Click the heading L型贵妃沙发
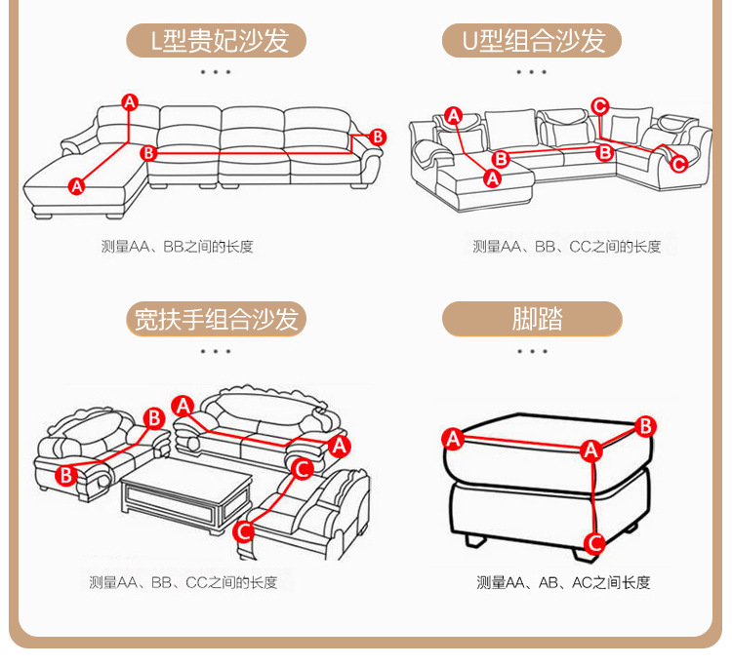(x=216, y=41)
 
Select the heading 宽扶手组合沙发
(x=216, y=319)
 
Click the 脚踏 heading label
(x=533, y=319)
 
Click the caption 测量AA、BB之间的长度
(x=177, y=247)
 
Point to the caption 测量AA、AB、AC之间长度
(x=563, y=582)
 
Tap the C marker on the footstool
(x=593, y=542)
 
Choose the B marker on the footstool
(x=645, y=425)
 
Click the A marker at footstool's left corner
(x=452, y=439)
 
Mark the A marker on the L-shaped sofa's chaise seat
(x=77, y=185)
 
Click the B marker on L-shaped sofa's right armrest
(x=378, y=137)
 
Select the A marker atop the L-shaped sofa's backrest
(x=129, y=101)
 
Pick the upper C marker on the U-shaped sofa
(x=600, y=106)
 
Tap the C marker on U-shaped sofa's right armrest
(x=678, y=163)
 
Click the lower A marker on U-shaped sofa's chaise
(x=492, y=177)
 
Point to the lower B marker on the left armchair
(x=65, y=475)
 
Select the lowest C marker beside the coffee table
(x=244, y=530)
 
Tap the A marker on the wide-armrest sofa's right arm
(x=340, y=446)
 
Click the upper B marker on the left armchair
(x=153, y=418)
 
